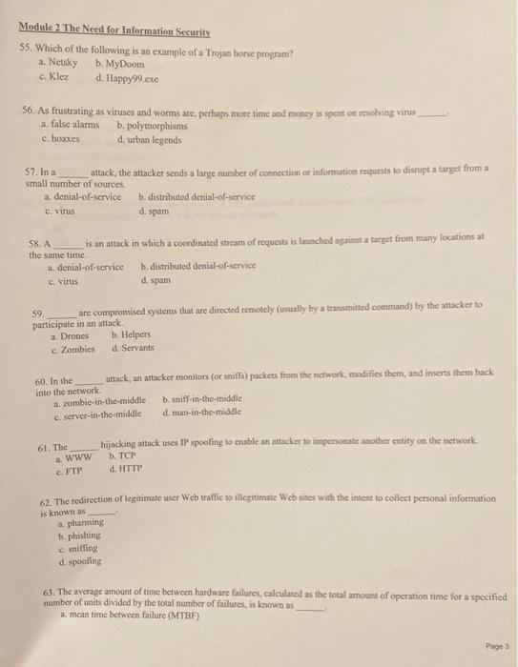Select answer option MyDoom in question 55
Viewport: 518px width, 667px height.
(x=124, y=64)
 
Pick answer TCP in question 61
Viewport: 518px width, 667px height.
(x=124, y=457)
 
